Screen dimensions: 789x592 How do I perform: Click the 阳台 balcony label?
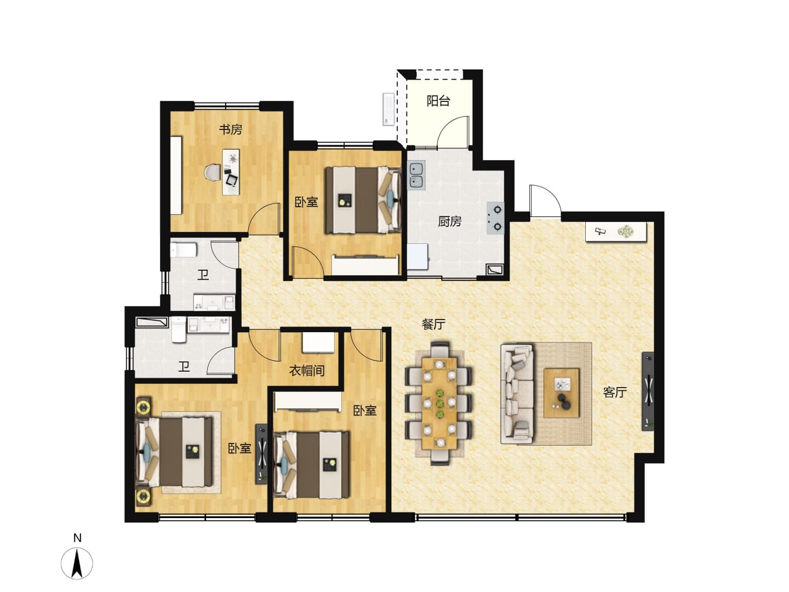(438, 101)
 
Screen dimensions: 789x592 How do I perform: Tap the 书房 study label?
(231, 129)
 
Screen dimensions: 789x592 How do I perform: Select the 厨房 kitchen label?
(449, 221)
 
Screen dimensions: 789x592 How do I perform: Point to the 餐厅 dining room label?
(433, 324)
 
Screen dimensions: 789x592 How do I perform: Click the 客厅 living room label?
(615, 392)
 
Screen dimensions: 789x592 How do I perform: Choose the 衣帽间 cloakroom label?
(307, 370)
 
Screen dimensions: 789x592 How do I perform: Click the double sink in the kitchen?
(416, 175)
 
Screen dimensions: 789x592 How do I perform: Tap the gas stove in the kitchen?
(495, 218)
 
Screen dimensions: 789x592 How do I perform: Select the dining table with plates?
(439, 403)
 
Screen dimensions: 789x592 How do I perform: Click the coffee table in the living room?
(561, 392)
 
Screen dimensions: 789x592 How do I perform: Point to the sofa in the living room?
(517, 394)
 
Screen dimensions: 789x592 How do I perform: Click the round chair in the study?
(212, 172)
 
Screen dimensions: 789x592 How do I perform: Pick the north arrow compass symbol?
(77, 563)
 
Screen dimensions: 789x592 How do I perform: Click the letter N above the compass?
(77, 538)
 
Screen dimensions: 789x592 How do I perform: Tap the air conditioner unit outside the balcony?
(388, 109)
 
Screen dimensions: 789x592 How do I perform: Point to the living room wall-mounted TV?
(648, 391)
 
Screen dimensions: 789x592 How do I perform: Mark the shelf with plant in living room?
(616, 231)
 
